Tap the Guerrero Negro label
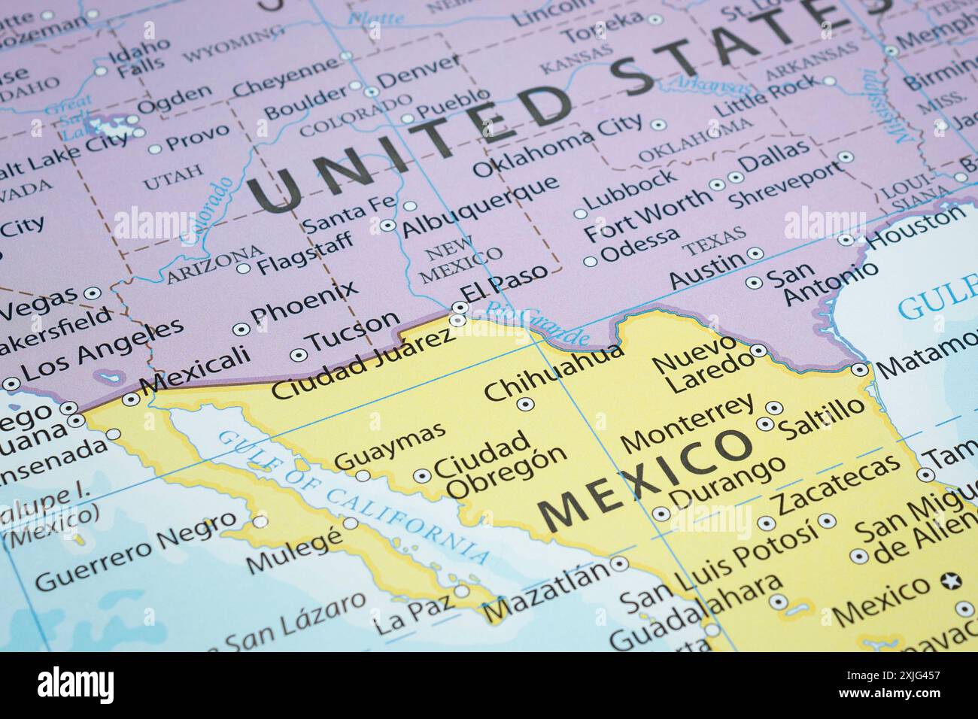(x=135, y=555)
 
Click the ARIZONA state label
(x=215, y=263)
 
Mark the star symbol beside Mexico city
(x=951, y=581)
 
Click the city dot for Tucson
(x=299, y=353)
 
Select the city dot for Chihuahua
(x=526, y=404)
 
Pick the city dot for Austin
(x=755, y=253)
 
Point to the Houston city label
(x=915, y=230)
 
